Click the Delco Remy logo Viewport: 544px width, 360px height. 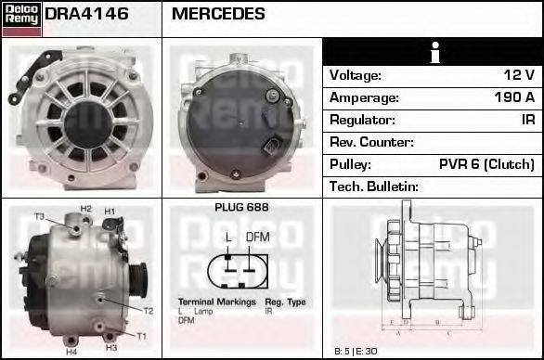(21, 17)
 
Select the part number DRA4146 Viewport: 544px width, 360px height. (86, 14)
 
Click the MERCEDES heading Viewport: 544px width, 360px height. (218, 14)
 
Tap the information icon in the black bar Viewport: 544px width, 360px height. (433, 53)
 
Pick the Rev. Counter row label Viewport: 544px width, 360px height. (371, 142)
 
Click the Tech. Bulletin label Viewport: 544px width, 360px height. (374, 186)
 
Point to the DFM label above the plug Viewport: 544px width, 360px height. (258, 237)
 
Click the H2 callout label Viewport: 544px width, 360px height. (85, 209)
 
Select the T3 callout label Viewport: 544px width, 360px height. (39, 216)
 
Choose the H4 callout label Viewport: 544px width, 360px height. (71, 352)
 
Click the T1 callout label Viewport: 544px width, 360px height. (141, 335)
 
